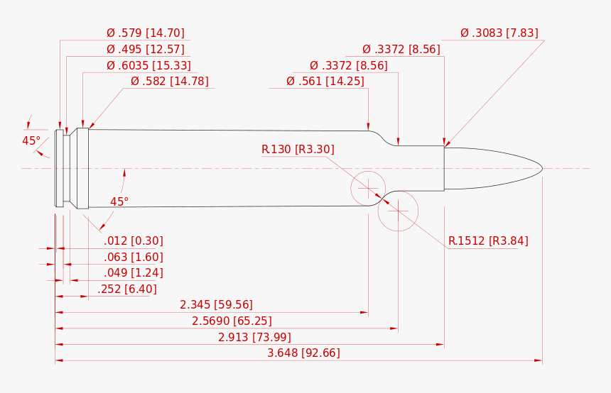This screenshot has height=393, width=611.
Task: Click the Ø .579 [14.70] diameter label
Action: coord(146,33)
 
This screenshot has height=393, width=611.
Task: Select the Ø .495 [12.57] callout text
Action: coord(146,50)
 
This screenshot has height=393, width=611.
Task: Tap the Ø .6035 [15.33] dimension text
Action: coord(149,65)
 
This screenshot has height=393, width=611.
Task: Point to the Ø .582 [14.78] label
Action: coord(170,82)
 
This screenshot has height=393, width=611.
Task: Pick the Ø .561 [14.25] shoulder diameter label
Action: coord(325,82)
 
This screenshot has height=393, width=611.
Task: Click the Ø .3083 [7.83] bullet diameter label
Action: coord(499,33)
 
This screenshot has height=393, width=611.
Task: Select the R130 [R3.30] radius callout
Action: coord(298,150)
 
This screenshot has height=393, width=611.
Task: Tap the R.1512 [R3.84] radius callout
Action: coord(488,241)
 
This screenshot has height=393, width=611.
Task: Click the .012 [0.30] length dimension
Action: coord(134,241)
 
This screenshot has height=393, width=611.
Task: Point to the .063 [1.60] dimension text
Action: coord(134,258)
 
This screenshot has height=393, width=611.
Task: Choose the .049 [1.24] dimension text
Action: coord(134,273)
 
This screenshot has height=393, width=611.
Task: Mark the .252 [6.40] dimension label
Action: coord(127,289)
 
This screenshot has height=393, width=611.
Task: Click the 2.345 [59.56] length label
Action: coord(216,304)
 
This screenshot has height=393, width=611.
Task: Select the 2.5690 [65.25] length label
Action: coord(232,321)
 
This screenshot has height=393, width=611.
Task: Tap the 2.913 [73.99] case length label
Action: coord(254,337)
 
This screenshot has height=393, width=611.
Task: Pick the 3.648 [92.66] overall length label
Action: coord(303,353)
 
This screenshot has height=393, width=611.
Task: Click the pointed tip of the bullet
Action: coord(542,169)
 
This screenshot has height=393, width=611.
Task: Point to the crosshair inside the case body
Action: coord(368,189)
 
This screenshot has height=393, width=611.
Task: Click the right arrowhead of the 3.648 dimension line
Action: coord(539,360)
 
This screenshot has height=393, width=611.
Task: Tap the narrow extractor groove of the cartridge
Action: coord(67,169)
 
